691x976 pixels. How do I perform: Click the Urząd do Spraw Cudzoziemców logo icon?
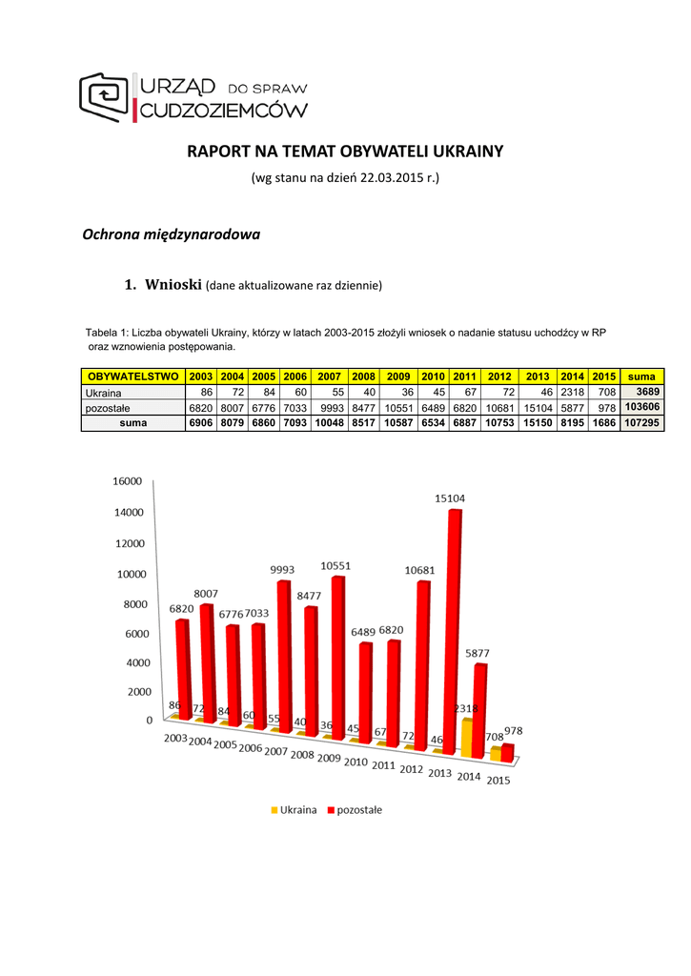click(107, 95)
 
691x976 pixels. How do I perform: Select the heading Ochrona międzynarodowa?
click(172, 234)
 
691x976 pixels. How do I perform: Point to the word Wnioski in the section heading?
click(173, 284)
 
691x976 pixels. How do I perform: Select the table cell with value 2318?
click(572, 393)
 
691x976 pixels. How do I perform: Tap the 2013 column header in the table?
click(539, 376)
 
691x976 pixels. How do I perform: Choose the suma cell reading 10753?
click(499, 423)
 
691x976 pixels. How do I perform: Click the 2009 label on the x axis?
click(329, 758)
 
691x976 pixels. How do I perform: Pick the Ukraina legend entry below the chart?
click(294, 810)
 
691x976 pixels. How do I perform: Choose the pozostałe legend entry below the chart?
click(355, 810)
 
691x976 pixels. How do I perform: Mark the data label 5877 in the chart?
click(478, 653)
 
